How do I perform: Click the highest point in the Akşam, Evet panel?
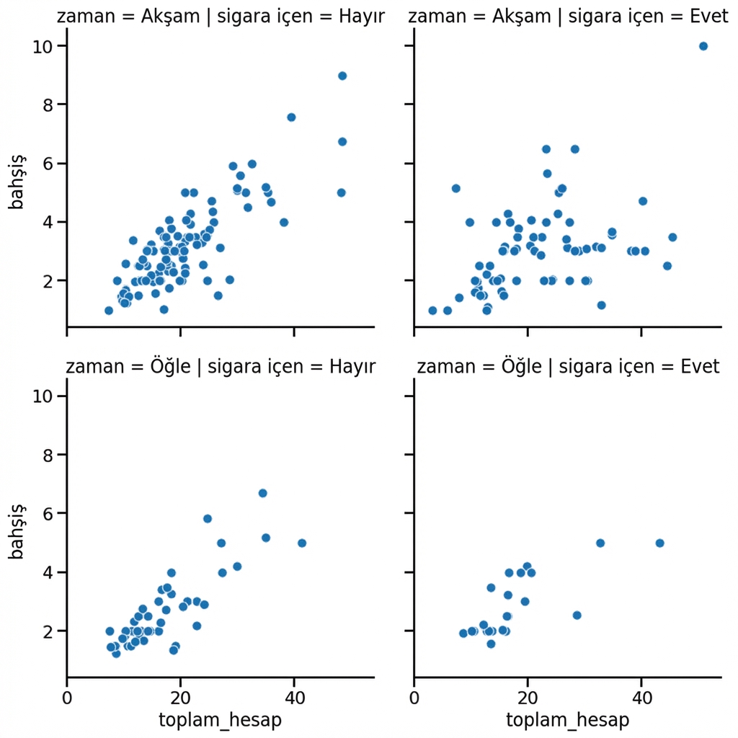pyautogui.click(x=703, y=46)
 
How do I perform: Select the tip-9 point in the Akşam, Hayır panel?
pyautogui.click(x=342, y=76)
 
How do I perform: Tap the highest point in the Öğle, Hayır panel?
pyautogui.click(x=263, y=493)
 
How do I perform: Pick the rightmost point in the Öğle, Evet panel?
pyautogui.click(x=659, y=543)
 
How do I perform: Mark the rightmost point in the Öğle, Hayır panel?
pyautogui.click(x=302, y=543)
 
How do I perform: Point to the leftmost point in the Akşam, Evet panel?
pyautogui.click(x=432, y=311)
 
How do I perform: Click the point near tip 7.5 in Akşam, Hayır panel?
pyautogui.click(x=291, y=117)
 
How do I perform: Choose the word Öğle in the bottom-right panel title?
pyautogui.click(x=520, y=367)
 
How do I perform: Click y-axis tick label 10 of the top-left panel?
pyautogui.click(x=42, y=46)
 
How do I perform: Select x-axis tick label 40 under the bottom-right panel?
pyautogui.click(x=641, y=698)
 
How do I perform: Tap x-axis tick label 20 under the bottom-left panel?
pyautogui.click(x=180, y=698)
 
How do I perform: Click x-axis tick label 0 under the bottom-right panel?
pyautogui.click(x=414, y=698)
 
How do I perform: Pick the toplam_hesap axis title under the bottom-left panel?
pyautogui.click(x=221, y=720)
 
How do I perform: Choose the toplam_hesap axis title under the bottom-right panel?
pyautogui.click(x=568, y=720)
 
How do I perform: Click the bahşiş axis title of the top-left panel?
pyautogui.click(x=17, y=184)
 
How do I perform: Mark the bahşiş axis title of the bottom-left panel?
pyautogui.click(x=17, y=534)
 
